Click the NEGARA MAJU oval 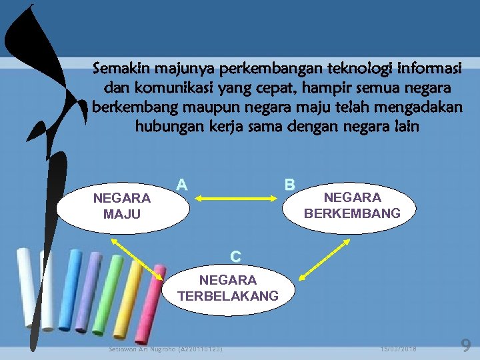coord(123,206)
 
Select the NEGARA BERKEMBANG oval coord(351,205)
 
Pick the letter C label coord(235,256)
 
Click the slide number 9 coord(466,345)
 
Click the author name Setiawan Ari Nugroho coord(165,348)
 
